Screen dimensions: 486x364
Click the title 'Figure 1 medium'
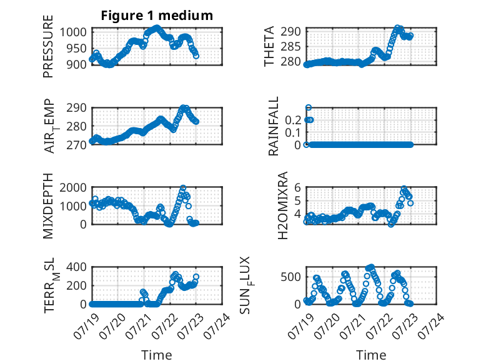[157, 16]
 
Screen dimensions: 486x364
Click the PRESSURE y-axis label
[48, 46]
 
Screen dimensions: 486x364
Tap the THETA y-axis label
[269, 46]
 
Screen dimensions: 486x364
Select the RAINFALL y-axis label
[274, 126]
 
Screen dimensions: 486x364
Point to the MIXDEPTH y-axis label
[48, 206]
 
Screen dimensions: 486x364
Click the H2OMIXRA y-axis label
[283, 205]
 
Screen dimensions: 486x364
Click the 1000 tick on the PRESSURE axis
[73, 32]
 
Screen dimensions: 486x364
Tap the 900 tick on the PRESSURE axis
[77, 64]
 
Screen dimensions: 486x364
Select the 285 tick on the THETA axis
[290, 46]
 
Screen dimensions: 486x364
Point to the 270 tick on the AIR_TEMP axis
[77, 145]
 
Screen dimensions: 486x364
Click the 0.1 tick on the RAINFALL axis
[293, 132]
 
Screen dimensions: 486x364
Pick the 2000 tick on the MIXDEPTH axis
[73, 187]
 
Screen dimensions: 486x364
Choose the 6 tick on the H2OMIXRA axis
[297, 187]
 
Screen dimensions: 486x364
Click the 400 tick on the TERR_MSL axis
[77, 267]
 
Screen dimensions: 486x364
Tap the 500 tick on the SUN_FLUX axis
[290, 277]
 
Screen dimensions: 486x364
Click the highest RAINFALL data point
[309, 108]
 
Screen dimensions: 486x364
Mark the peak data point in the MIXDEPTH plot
[183, 188]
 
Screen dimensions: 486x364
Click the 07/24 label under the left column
[217, 326]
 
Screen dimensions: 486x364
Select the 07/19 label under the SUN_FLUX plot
[300, 326]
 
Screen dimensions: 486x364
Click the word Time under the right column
[371, 355]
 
